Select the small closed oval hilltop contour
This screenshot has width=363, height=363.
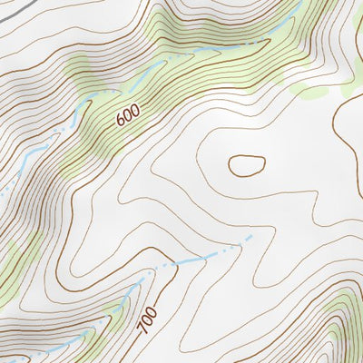[x=246, y=165]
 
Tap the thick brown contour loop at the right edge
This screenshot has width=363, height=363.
[x=349, y=127]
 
